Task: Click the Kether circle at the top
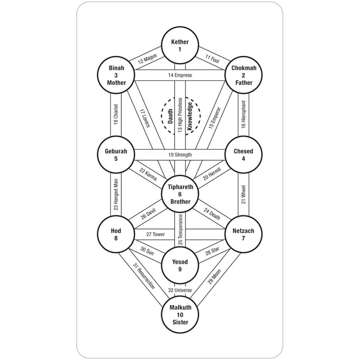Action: (x=180, y=45)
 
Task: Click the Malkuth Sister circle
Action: (x=180, y=314)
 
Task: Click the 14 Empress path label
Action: (x=180, y=75)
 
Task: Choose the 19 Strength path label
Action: (x=180, y=154)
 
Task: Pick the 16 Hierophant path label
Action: (x=243, y=115)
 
